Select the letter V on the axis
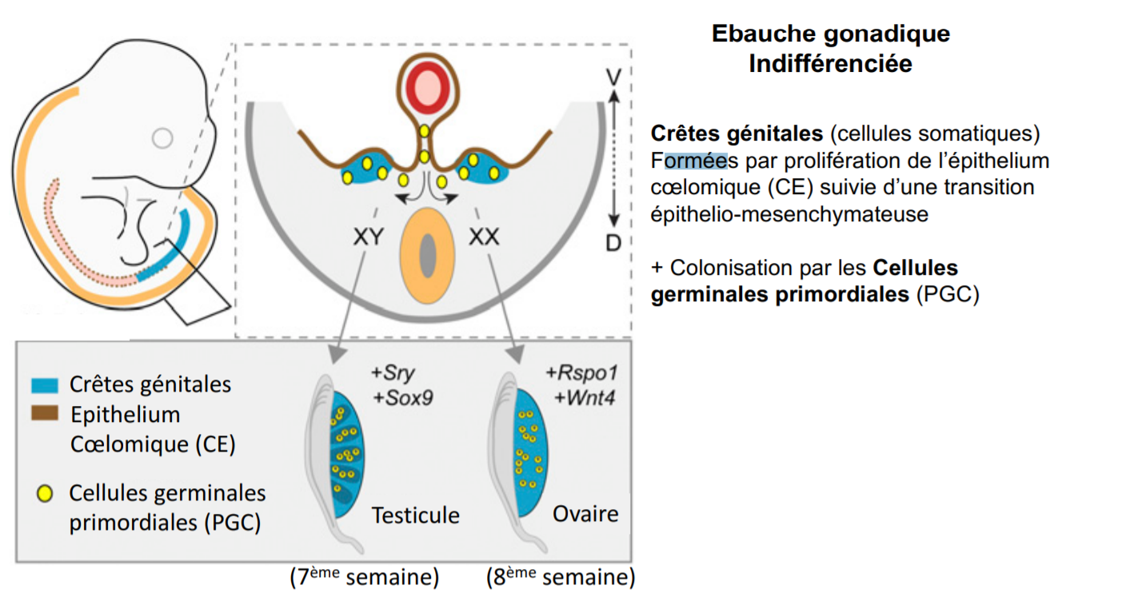click(613, 78)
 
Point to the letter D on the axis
click(613, 242)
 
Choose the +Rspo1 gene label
click(581, 372)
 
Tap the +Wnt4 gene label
click(581, 397)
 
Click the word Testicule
click(416, 515)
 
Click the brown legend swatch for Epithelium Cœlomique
click(44, 413)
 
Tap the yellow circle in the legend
click(45, 494)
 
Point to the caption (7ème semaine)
click(365, 578)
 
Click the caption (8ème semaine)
click(561, 578)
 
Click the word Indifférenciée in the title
click(830, 64)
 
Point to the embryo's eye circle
click(162, 138)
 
